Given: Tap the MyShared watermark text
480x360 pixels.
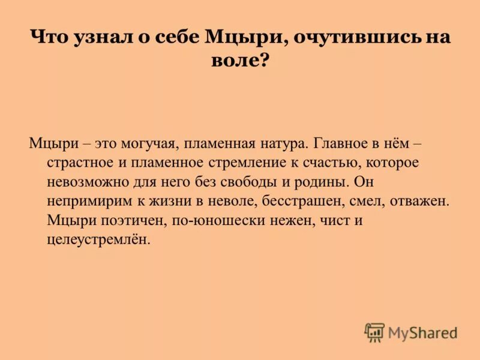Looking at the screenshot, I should (x=422, y=332).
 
